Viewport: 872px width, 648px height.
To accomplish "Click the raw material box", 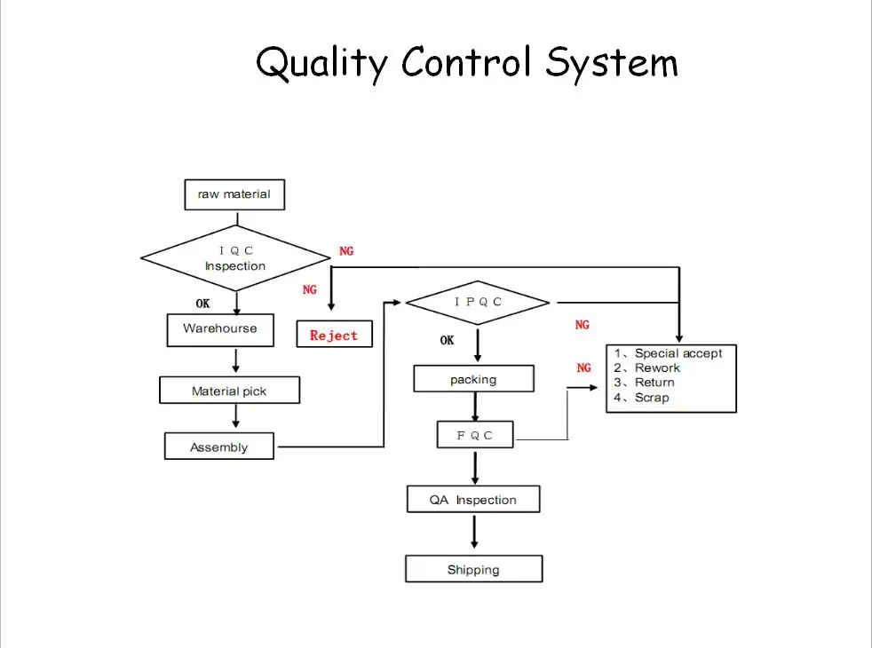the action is (x=234, y=194).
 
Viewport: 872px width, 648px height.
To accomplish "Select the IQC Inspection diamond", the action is (x=236, y=257).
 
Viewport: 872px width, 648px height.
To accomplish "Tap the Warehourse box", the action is (x=220, y=330).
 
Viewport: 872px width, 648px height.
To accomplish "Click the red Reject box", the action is (x=334, y=334).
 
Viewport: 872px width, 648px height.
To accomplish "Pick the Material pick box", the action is (x=229, y=391).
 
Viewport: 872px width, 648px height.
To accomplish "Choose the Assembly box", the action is (x=219, y=446).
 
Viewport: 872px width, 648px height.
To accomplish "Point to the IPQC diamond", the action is (x=478, y=303).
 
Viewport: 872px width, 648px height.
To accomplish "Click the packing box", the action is (x=474, y=379).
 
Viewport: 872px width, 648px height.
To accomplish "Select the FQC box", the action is (x=475, y=435).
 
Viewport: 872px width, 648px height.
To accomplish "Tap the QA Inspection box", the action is (x=473, y=499).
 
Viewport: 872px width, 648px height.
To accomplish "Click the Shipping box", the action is (x=474, y=569).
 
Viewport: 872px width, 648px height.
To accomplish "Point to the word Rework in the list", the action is (x=657, y=367).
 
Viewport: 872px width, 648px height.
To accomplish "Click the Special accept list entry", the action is (x=668, y=353).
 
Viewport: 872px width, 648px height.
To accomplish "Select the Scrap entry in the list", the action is (x=641, y=398).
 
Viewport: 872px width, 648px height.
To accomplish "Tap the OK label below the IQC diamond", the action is (x=203, y=304).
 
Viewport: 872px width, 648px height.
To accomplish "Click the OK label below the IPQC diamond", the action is (x=448, y=340).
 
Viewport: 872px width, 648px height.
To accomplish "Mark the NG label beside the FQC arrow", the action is (x=584, y=367).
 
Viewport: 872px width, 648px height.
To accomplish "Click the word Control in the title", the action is (x=466, y=61).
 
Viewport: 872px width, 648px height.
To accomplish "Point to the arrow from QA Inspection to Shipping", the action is (x=474, y=532).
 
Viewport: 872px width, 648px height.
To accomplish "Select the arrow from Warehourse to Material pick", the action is (x=236, y=360).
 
